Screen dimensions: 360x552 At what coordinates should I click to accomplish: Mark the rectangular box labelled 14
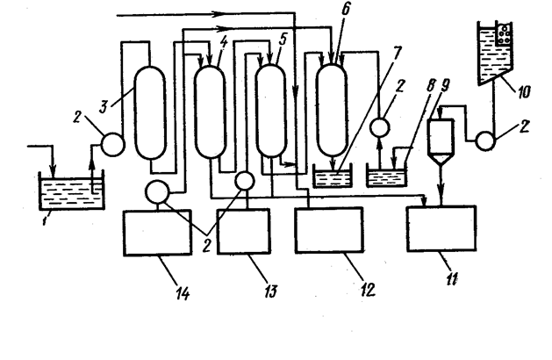coord(158,233)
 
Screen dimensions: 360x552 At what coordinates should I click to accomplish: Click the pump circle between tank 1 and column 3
coord(112,141)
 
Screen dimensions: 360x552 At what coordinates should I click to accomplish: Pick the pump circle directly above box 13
coord(246,180)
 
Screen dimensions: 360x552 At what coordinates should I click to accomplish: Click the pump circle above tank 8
coord(380,126)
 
